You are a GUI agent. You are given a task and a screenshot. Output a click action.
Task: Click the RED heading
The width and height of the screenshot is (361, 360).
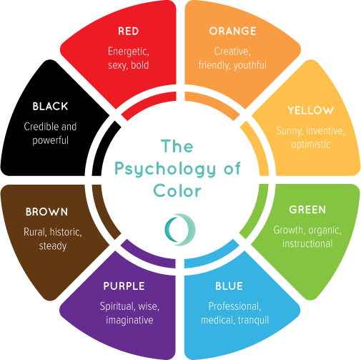tap(129, 31)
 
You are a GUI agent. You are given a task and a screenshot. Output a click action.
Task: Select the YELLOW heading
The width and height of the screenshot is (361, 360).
tap(310, 110)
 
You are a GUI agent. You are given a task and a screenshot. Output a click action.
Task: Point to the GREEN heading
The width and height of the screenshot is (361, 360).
tap(307, 210)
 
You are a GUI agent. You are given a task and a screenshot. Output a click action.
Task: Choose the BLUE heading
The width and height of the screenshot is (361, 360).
tap(229, 286)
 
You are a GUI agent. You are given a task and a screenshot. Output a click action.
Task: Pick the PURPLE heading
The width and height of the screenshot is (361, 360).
tap(124, 286)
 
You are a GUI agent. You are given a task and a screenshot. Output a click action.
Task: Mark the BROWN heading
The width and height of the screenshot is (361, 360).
tap(46, 212)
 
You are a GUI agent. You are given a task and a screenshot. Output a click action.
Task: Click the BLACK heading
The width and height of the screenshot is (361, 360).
tap(50, 107)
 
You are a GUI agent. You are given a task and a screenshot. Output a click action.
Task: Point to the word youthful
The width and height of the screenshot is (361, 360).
tap(250, 65)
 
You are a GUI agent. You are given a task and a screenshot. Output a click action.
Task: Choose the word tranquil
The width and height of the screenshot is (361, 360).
tap(253, 320)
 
